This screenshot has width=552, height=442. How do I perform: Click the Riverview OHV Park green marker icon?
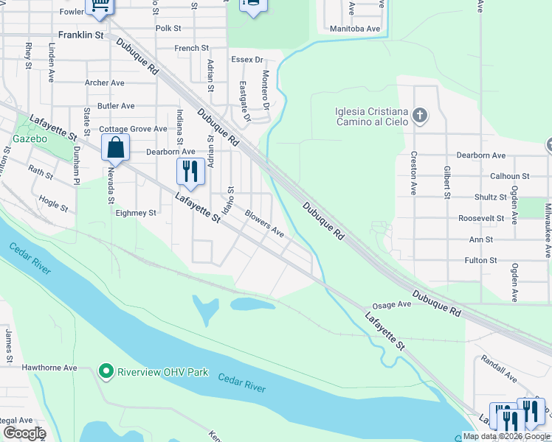pyautogui.click(x=106, y=371)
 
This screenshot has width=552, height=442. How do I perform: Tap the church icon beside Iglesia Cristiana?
pyautogui.click(x=420, y=115)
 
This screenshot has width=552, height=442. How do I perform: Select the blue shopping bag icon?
pyautogui.click(x=116, y=148)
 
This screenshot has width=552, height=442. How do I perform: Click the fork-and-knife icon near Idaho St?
pyautogui.click(x=190, y=172)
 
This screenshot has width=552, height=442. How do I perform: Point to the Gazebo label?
pyautogui.click(x=30, y=138)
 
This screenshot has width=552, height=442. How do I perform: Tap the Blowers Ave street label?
pyautogui.click(x=264, y=224)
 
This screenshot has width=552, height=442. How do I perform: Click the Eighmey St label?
pyautogui.click(x=136, y=213)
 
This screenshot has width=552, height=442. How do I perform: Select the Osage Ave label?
pyautogui.click(x=391, y=304)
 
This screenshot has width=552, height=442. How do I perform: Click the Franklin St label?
pyautogui.click(x=80, y=35)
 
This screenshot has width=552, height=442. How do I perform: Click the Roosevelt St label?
pyautogui.click(x=480, y=218)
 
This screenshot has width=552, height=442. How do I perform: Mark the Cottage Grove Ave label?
pyautogui.click(x=134, y=129)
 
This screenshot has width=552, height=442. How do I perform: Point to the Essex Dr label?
pyautogui.click(x=246, y=60)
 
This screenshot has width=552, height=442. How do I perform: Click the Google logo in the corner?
pyautogui.click(x=24, y=433)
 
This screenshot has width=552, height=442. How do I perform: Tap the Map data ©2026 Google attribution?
pyautogui.click(x=506, y=436)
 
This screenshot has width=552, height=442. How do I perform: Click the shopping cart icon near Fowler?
pyautogui.click(x=100, y=6)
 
